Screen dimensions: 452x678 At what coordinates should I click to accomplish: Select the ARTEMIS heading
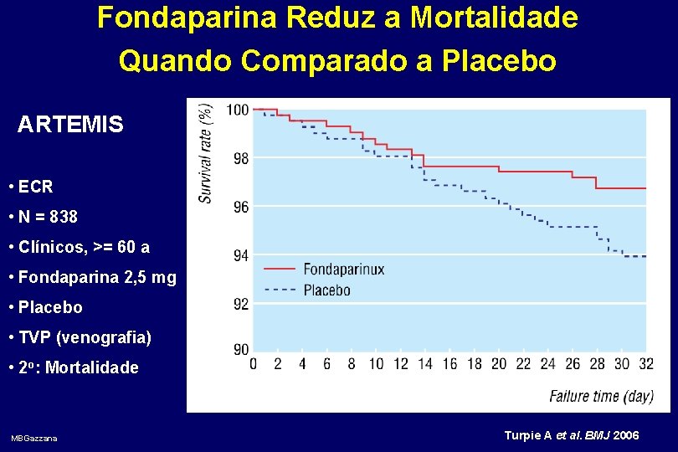[x=70, y=126]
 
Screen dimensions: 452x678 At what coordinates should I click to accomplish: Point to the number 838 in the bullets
[x=64, y=217]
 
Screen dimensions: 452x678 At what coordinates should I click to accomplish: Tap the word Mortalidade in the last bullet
[x=92, y=367]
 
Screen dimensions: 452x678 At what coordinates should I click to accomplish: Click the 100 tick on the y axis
[x=238, y=110]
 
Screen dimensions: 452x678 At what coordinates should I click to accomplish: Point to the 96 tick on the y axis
[x=240, y=207]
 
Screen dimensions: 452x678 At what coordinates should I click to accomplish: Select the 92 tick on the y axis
[x=240, y=304]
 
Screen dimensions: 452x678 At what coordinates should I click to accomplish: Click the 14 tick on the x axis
[x=425, y=364]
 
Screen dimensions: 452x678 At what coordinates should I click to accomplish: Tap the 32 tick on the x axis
[x=646, y=364]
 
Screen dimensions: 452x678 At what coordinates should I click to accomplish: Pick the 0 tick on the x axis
[x=254, y=364]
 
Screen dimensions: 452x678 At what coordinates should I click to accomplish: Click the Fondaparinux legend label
[x=343, y=270]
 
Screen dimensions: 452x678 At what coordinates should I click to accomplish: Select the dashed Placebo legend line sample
[x=280, y=290]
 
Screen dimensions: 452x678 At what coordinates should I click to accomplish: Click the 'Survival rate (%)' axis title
[x=206, y=152]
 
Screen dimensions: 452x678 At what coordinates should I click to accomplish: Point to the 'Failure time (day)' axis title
[x=601, y=396]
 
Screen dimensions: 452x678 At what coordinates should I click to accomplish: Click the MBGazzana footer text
[x=34, y=439]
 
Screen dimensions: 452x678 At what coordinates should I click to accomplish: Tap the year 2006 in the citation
[x=627, y=436]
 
